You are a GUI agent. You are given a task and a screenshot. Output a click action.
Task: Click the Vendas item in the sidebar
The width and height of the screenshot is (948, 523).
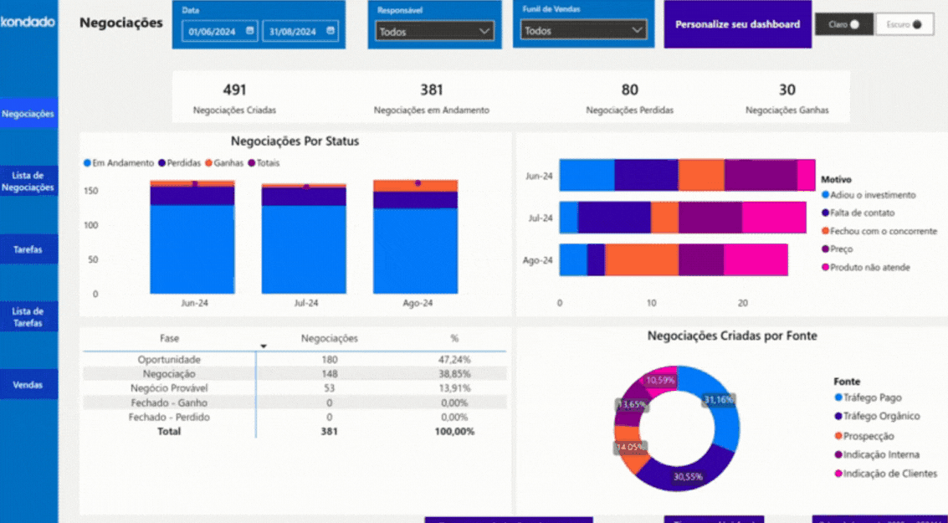pyautogui.click(x=28, y=385)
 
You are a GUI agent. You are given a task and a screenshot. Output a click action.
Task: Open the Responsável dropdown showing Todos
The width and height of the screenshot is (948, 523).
pyautogui.click(x=434, y=32)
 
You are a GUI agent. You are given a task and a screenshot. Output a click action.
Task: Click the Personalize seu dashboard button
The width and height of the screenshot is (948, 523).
pyautogui.click(x=737, y=24)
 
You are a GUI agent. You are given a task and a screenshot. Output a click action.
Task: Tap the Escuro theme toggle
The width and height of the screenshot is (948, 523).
pyautogui.click(x=904, y=25)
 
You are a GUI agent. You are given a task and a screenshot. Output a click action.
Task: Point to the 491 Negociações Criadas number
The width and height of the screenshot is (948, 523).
pyautogui.click(x=234, y=90)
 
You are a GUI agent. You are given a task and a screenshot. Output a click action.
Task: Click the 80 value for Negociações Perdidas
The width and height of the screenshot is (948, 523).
pyautogui.click(x=629, y=90)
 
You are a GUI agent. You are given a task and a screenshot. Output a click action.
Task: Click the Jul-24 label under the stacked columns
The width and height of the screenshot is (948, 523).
pyautogui.click(x=305, y=303)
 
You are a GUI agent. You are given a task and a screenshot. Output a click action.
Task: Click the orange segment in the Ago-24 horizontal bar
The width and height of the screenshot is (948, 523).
pyautogui.click(x=641, y=260)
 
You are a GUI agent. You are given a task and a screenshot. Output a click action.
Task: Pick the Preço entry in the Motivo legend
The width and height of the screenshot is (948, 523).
pyautogui.click(x=842, y=249)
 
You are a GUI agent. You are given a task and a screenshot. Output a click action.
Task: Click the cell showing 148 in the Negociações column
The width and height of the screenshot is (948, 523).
pyautogui.click(x=329, y=374)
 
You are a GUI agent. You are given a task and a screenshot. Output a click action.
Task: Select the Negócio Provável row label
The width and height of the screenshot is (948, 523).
pyautogui.click(x=169, y=388)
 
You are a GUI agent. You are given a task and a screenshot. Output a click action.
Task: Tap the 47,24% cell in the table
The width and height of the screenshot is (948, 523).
pyautogui.click(x=454, y=360)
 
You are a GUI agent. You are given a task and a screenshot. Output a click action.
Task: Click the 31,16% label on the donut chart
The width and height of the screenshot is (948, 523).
pyautogui.click(x=719, y=400)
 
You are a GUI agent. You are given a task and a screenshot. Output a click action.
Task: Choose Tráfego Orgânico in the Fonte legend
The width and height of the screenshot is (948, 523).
pyautogui.click(x=881, y=416)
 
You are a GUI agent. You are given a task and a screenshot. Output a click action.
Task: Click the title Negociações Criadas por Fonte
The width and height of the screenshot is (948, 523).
pyautogui.click(x=732, y=336)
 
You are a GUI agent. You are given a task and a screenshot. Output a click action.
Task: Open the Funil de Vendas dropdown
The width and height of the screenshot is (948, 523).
pyautogui.click(x=582, y=30)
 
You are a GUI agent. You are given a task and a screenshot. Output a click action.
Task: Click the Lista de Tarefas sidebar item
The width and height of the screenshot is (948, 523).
pyautogui.click(x=28, y=317)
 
